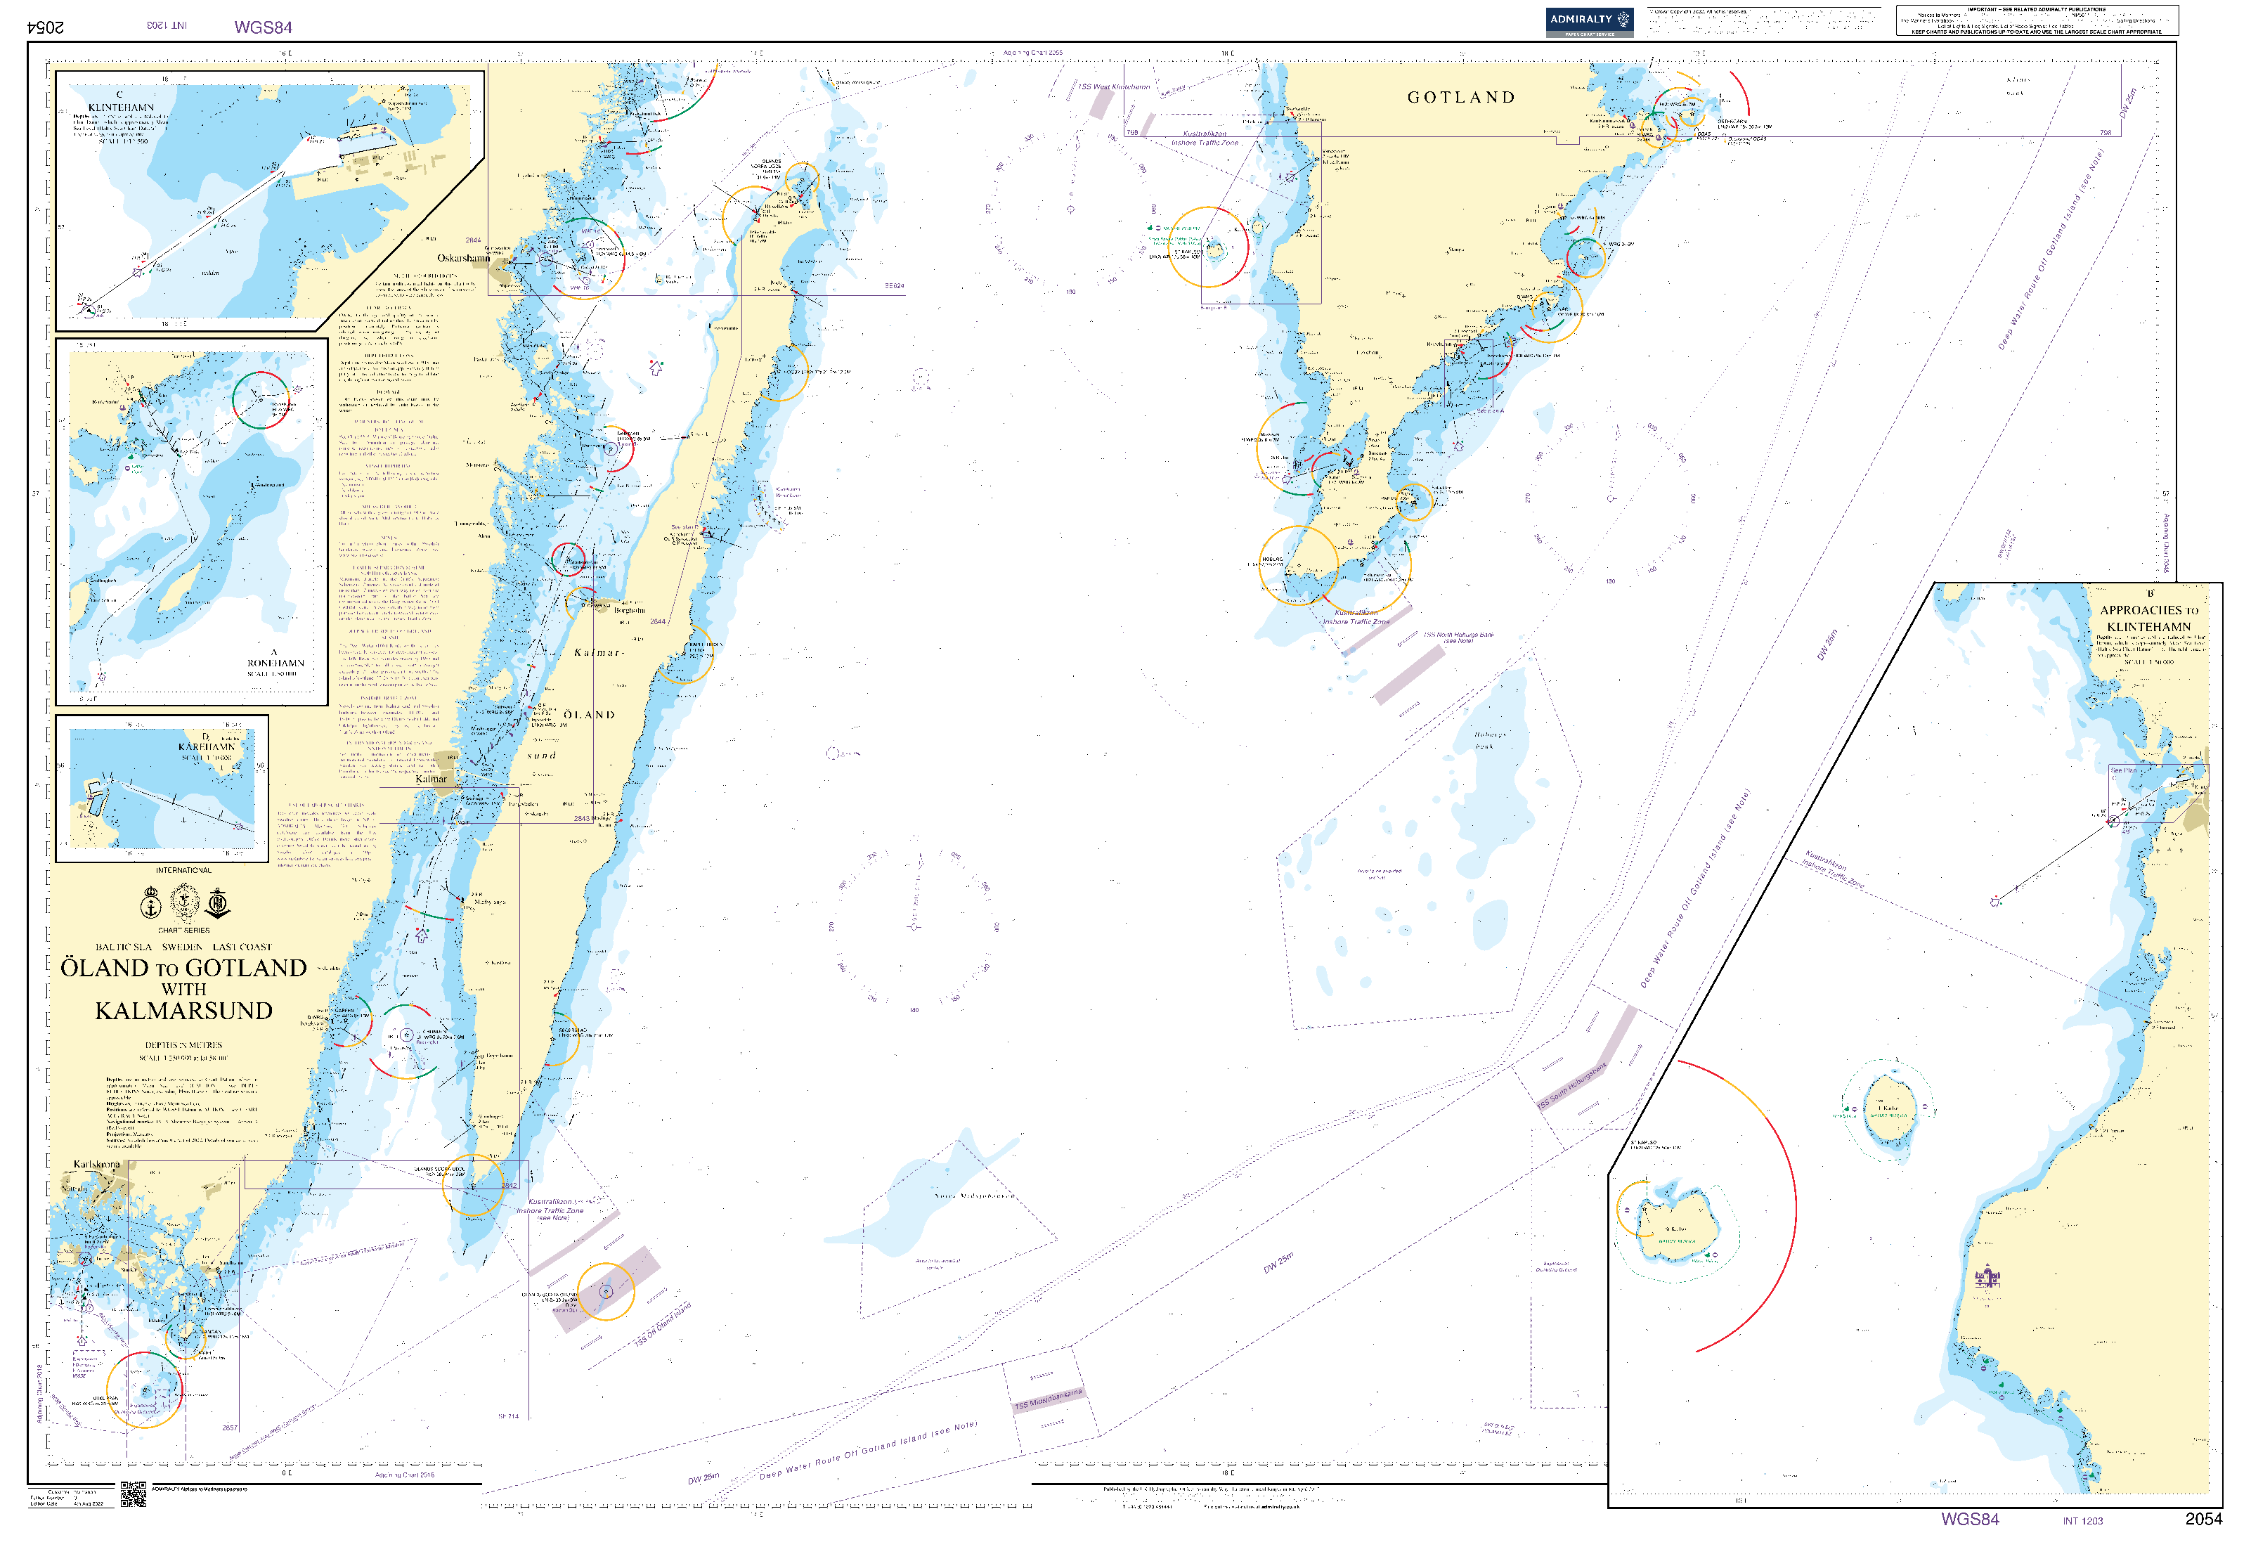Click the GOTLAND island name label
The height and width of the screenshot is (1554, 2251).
1460,98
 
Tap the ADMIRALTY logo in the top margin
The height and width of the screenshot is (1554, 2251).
1589,20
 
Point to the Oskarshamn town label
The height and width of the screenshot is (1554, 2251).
463,258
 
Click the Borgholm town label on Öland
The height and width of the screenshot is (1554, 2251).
629,611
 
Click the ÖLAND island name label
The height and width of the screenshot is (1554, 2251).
589,715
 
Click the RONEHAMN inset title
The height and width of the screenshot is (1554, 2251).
275,663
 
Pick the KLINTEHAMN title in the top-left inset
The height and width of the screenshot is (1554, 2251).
121,107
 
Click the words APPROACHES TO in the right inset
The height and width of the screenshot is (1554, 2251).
2149,611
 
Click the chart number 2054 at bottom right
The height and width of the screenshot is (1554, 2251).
2203,1519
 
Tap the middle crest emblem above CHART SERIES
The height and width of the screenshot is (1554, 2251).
184,902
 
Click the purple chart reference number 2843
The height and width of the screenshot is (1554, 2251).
581,819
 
